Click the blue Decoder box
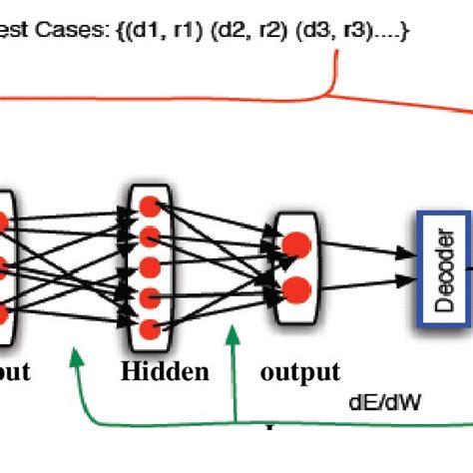(436, 264)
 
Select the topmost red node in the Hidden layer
(150, 207)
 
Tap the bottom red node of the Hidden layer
(150, 328)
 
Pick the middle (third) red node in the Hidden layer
(150, 267)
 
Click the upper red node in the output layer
(295, 244)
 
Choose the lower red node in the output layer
(295, 290)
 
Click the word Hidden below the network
(166, 372)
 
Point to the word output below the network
(299, 372)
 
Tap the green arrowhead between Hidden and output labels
(233, 340)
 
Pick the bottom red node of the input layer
(3, 313)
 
